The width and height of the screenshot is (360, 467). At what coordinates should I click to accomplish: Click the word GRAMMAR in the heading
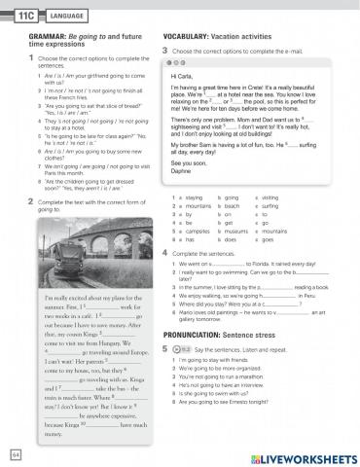click(x=30, y=36)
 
